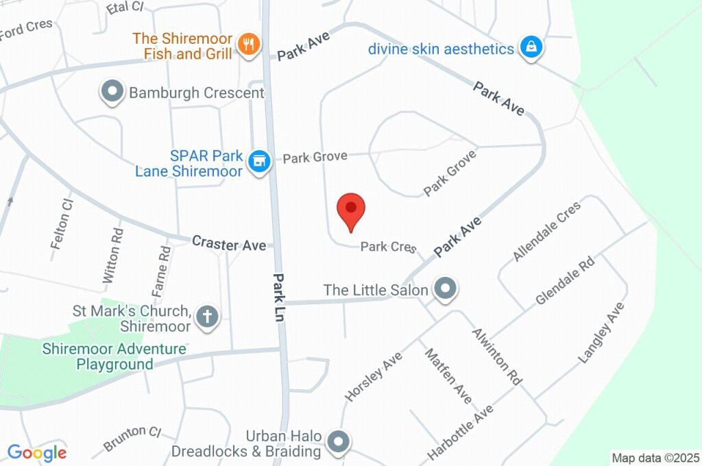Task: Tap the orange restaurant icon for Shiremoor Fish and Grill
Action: (247, 45)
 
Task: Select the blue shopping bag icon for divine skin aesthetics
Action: (531, 48)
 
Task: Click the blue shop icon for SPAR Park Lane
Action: (258, 162)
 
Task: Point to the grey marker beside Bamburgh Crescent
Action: (111, 92)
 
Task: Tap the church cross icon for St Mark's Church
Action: (206, 317)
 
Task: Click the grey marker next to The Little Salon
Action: (446, 289)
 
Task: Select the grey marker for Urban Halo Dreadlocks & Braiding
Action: (337, 442)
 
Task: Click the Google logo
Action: (37, 452)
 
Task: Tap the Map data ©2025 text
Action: (655, 457)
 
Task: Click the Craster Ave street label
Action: (229, 243)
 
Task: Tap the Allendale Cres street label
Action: (546, 231)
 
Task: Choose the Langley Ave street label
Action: (602, 332)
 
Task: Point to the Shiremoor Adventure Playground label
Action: (114, 356)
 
